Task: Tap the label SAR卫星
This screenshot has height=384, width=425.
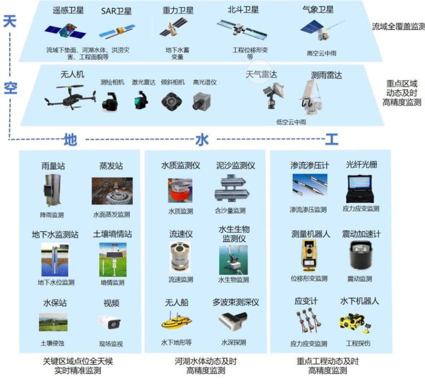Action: (116, 11)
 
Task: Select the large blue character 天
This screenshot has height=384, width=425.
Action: (10, 22)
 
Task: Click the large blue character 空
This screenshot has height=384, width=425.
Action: (10, 88)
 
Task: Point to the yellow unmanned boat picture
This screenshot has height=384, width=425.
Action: (176, 322)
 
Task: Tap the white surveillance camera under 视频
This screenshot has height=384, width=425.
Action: (110, 322)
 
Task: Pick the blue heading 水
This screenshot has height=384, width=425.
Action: (201, 140)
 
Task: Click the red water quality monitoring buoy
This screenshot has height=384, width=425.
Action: (180, 191)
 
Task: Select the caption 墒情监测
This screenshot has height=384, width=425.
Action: (112, 283)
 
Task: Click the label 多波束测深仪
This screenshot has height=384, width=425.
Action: (235, 302)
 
